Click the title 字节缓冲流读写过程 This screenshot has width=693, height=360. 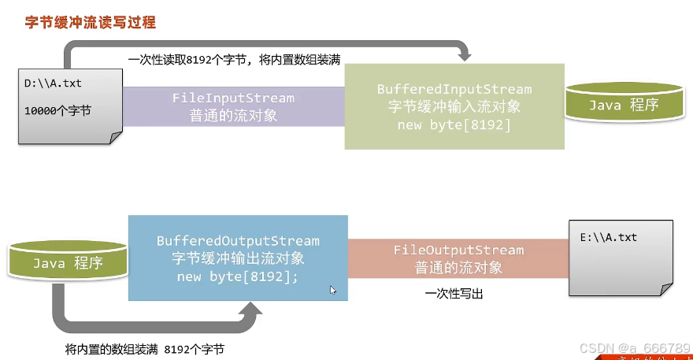[x=91, y=23]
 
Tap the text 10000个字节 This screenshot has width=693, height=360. [x=57, y=110]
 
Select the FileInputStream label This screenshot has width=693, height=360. [x=233, y=98]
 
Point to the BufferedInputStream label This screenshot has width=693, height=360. [x=454, y=90]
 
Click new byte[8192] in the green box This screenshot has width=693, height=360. [x=454, y=125]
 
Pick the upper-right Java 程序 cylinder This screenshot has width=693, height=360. [x=624, y=103]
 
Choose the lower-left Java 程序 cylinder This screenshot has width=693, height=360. [x=69, y=262]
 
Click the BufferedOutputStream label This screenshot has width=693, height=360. [x=238, y=241]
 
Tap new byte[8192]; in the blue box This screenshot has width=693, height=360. [x=238, y=276]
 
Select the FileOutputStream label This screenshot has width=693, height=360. [x=458, y=251]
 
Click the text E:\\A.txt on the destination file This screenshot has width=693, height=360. [x=609, y=237]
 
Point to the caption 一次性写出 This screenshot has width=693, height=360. [x=454, y=294]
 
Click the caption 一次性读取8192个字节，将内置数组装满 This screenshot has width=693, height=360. [x=234, y=61]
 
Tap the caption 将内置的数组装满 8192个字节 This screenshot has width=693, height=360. [x=150, y=348]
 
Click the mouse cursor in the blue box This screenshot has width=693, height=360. [x=332, y=290]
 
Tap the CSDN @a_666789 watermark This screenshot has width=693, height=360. [x=634, y=347]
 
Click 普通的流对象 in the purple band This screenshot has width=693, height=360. [x=233, y=115]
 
